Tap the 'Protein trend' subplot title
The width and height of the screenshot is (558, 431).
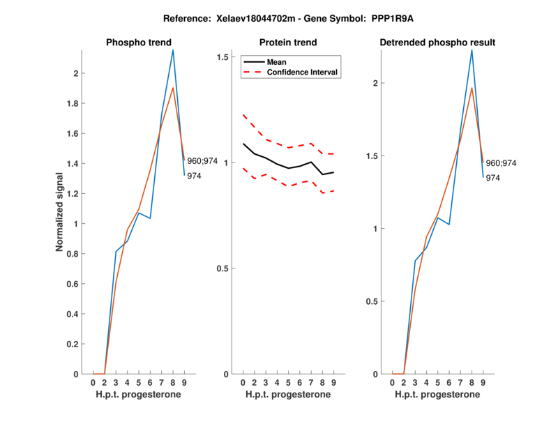pos(287,43)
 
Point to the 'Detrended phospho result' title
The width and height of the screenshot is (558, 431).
pos(437,43)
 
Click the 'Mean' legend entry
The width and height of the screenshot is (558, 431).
pos(276,62)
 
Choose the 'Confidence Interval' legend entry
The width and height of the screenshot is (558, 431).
pos(303,72)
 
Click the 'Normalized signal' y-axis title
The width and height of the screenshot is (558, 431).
pos(61,212)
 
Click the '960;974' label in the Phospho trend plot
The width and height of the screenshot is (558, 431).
pos(202,161)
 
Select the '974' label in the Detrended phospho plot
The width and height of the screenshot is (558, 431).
pos(492,178)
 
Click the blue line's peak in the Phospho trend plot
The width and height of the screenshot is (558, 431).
pos(173,50)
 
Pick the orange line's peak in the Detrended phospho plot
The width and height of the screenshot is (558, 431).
pos(472,87)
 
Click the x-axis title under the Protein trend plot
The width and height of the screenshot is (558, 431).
pos(287,395)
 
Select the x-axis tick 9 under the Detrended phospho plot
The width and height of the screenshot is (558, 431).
pos(483,383)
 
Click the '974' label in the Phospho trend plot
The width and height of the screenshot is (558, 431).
pos(195,176)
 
